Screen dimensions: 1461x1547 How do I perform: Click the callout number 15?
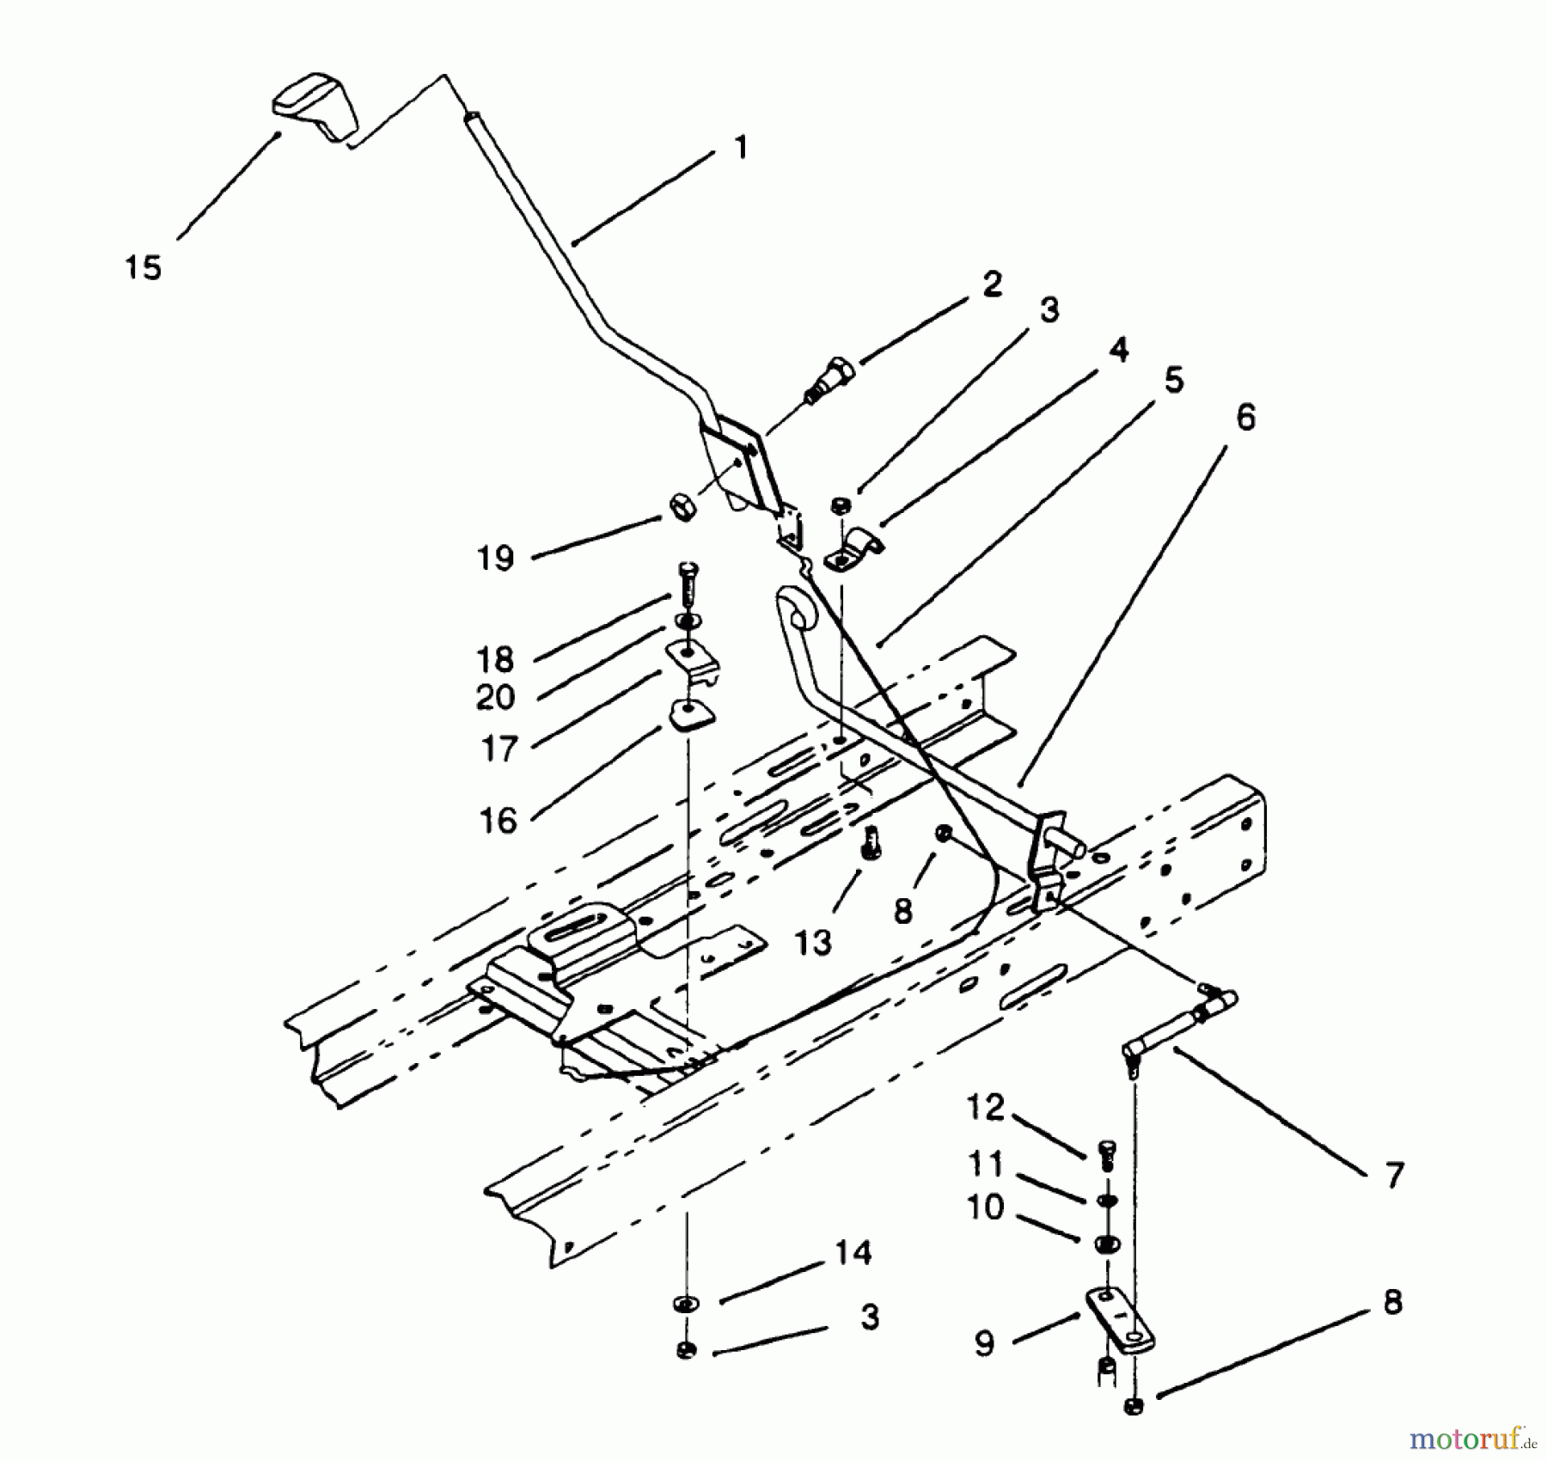click(143, 267)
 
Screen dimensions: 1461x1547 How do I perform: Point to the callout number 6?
click(1245, 418)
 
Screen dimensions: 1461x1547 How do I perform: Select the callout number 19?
click(495, 559)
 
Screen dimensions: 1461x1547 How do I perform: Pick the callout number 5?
click(1174, 380)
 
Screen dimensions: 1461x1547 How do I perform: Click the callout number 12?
click(985, 1107)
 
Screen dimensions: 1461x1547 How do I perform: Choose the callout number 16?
click(498, 821)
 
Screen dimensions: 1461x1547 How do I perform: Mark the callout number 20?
click(495, 697)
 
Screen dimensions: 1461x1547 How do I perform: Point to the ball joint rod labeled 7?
click(1177, 1025)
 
